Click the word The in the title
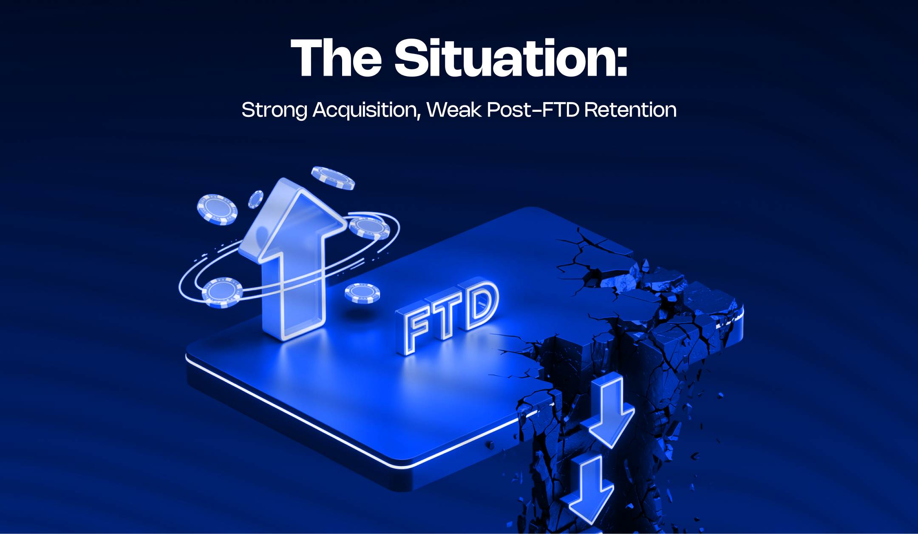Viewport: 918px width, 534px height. (x=336, y=58)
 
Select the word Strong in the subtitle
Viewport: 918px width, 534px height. (x=274, y=110)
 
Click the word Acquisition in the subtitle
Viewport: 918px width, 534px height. (x=365, y=110)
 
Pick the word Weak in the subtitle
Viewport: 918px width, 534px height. (x=454, y=110)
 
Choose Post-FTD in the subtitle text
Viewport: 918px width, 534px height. (x=533, y=110)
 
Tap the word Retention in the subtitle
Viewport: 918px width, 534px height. (x=630, y=110)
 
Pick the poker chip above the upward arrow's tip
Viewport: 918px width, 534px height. (x=333, y=178)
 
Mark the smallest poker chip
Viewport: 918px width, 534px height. (x=255, y=199)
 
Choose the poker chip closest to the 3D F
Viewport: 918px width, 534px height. (x=362, y=293)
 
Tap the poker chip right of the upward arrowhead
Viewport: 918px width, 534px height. (x=369, y=227)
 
